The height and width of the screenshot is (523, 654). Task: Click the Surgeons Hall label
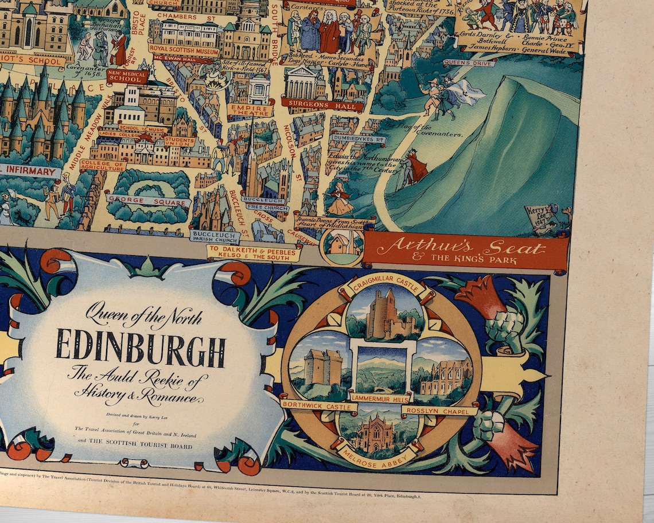pos(323,105)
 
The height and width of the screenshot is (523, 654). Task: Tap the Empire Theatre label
pos(250,110)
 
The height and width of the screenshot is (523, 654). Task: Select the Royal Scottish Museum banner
pos(184,49)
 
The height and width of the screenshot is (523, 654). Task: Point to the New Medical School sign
pos(127,76)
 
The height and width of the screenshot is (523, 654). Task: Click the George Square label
pos(148,201)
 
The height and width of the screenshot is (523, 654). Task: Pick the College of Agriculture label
pos(103,165)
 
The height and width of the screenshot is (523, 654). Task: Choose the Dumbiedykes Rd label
pos(358,139)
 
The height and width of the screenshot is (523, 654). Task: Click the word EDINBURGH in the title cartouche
pos(141,347)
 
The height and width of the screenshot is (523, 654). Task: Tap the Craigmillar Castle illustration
pos(386,315)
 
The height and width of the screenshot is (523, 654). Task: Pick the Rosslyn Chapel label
pos(439,410)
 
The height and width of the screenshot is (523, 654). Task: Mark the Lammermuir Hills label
pos(380,397)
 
